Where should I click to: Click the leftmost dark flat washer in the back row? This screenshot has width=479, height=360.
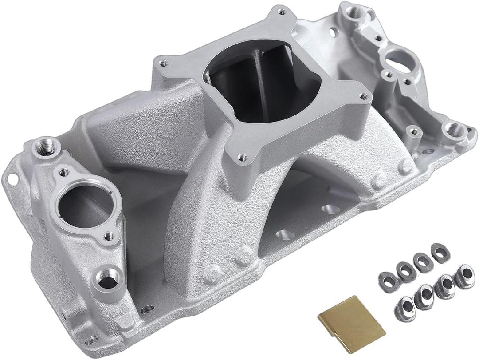(x=387, y=280)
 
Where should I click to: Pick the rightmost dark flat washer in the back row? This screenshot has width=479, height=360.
(x=440, y=253)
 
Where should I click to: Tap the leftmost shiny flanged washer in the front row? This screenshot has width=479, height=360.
(x=404, y=308)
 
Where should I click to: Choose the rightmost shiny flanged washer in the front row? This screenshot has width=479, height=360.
(x=464, y=276)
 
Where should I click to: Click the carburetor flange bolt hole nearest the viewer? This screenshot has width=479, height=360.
(x=242, y=156)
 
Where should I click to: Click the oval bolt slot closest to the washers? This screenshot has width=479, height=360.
(x=330, y=209)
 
